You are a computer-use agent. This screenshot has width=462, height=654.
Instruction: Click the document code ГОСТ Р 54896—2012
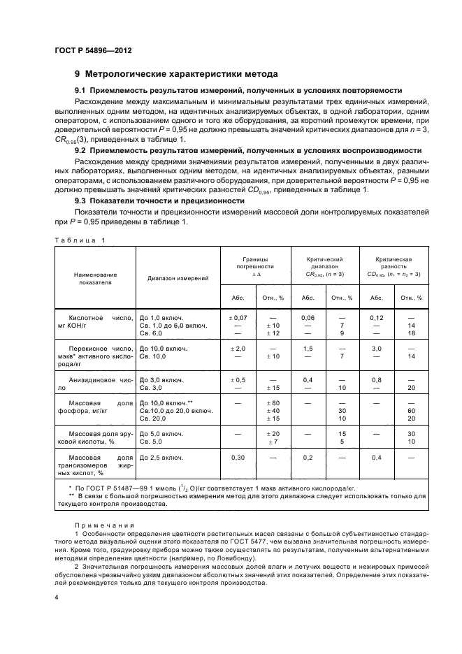point(94,51)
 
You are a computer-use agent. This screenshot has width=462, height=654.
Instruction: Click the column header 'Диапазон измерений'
point(178,278)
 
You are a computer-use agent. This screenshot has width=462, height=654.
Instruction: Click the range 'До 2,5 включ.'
point(161,458)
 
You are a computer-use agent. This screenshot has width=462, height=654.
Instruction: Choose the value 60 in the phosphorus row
point(411,412)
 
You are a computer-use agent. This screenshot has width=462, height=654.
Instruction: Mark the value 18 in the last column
point(411,334)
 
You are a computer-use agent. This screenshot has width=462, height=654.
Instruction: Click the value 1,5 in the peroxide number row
point(308,348)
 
